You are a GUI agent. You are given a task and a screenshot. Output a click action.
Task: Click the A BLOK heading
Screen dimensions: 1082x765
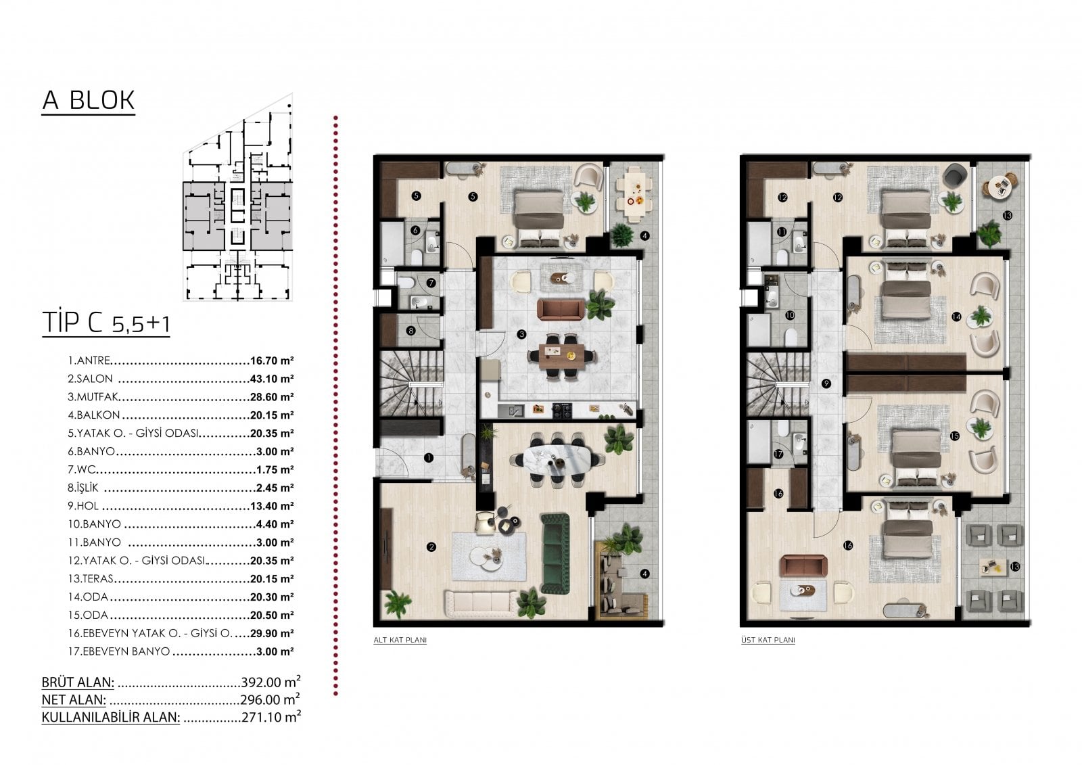89,101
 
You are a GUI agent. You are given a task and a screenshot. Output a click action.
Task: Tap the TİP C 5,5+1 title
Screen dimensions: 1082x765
105,323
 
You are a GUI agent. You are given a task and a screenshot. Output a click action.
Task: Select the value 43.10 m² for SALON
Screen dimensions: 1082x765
272,379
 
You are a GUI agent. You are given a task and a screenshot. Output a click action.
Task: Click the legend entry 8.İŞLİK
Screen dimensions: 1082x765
83,488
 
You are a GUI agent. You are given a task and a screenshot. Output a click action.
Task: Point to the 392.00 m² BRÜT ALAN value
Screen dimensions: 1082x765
271,682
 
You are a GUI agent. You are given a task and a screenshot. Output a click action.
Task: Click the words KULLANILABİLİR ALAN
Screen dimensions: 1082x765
111,717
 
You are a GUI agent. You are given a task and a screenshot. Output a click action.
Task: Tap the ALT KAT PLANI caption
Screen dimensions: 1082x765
400,640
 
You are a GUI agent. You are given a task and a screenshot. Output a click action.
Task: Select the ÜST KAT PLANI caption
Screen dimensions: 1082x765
768,640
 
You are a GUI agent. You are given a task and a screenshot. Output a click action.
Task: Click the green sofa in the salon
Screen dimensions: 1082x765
555,554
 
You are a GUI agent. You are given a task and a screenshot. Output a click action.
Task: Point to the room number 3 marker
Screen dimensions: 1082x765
521,334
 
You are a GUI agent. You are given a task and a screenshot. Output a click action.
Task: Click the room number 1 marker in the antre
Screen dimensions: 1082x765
429,458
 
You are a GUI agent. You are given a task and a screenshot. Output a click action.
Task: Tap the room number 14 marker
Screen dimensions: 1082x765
956,317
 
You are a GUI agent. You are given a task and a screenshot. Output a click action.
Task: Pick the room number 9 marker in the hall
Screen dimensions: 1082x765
826,384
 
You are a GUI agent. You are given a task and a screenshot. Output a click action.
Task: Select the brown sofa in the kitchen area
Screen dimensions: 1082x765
561,310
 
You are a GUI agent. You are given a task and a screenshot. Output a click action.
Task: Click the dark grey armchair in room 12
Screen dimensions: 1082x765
956,176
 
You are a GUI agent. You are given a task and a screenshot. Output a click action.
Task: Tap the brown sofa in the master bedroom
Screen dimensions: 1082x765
803,565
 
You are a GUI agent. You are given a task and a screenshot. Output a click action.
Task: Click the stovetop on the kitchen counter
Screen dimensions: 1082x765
562,411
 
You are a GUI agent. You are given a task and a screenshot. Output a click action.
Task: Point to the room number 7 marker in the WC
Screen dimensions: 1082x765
431,283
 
